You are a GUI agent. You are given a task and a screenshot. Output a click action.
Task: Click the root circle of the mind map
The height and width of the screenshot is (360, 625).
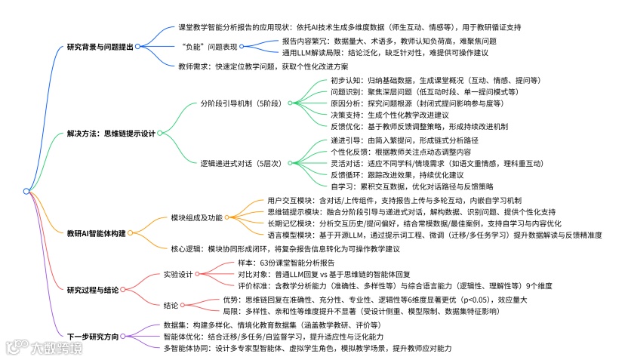26,191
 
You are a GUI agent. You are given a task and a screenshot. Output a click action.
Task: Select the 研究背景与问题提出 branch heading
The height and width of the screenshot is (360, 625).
100,46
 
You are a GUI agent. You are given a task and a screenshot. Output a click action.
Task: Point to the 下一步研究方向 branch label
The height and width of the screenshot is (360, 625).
93,336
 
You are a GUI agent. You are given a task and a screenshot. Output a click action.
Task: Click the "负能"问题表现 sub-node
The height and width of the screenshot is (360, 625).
207,46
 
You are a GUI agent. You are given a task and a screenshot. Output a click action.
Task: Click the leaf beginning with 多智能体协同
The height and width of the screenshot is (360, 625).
307,348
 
